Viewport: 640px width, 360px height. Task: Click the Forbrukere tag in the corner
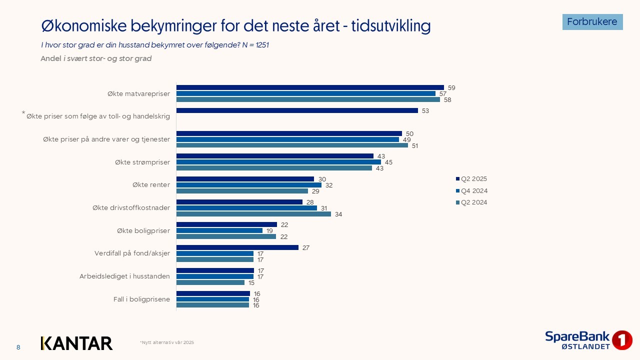(x=592, y=22)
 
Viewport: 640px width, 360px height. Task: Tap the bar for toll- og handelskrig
(x=297, y=110)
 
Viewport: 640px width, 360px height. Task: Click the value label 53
(x=425, y=111)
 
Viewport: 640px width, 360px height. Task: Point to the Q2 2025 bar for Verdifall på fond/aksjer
(x=237, y=247)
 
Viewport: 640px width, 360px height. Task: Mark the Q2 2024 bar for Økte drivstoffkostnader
(x=253, y=214)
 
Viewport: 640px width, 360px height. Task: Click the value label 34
(x=338, y=214)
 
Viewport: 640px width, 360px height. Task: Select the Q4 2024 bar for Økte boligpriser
(x=219, y=230)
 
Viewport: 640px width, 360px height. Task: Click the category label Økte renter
(x=151, y=185)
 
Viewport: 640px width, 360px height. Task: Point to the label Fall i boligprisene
(x=141, y=299)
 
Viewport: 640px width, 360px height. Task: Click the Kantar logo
(x=76, y=343)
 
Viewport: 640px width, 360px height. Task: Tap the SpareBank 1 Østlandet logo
(x=588, y=340)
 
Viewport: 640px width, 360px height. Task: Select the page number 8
(x=18, y=347)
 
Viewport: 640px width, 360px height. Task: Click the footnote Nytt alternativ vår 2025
(x=167, y=342)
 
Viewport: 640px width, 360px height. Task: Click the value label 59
(x=451, y=88)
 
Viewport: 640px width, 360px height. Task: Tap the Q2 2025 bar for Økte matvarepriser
(x=310, y=87)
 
